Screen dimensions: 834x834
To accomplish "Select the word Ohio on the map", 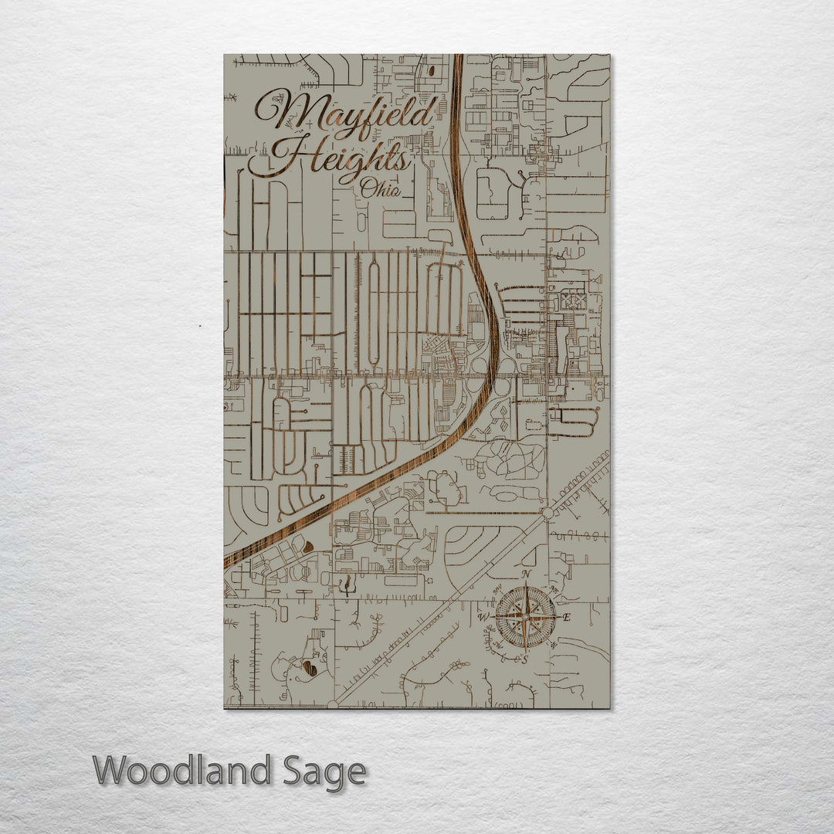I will pyautogui.click(x=380, y=188).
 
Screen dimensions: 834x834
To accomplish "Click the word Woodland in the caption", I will pyautogui.click(x=182, y=771).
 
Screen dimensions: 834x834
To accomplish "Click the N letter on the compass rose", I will pyautogui.click(x=526, y=575).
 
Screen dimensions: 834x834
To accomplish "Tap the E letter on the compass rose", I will pyautogui.click(x=566, y=617).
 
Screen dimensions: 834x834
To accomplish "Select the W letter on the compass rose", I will pyautogui.click(x=484, y=617).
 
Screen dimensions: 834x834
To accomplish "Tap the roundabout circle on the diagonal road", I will pyautogui.click(x=548, y=513).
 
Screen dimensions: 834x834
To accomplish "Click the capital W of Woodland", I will pyautogui.click(x=112, y=771).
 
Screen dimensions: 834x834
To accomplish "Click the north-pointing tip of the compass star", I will pyautogui.click(x=525, y=587).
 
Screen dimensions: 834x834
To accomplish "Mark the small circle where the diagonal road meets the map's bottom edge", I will pyautogui.click(x=333, y=704).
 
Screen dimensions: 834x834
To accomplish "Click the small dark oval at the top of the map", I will pyautogui.click(x=430, y=70).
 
